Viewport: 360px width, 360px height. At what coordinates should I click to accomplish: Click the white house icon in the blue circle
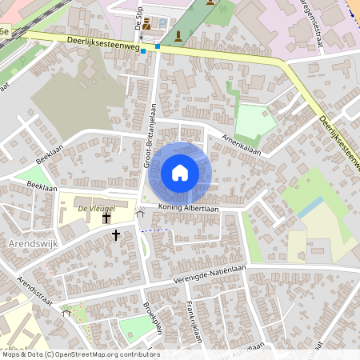180,172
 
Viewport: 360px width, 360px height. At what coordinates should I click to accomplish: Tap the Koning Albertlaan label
188,208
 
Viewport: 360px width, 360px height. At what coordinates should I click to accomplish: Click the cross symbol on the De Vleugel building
106,217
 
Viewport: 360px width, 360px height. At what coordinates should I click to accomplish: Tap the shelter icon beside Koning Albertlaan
141,212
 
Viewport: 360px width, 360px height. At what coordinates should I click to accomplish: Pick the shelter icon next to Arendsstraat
66,313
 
